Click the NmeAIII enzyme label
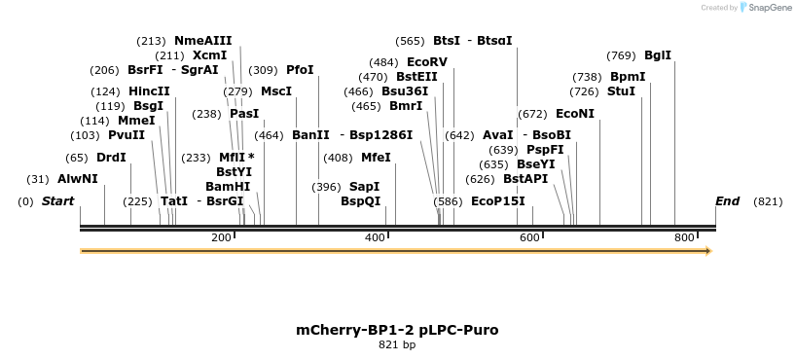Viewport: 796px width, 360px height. tap(202, 41)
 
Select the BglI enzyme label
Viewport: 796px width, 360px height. tap(658, 55)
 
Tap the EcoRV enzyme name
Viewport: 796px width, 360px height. tap(427, 62)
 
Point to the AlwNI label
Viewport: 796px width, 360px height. tap(78, 179)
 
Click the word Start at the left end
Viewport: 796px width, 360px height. tap(57, 201)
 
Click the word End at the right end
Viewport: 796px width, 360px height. tap(727, 201)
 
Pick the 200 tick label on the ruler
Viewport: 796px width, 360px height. tap(221, 238)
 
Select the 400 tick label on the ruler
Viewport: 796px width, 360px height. tap(375, 238)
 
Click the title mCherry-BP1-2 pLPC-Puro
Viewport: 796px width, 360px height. tap(397, 330)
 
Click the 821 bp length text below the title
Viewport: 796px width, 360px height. tap(397, 345)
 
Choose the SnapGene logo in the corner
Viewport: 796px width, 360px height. tap(764, 8)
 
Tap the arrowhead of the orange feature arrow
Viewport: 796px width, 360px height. tap(707, 251)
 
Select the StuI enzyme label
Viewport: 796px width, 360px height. tap(621, 91)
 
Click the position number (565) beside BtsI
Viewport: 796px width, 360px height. tap(410, 41)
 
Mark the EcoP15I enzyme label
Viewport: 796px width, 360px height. tap(497, 201)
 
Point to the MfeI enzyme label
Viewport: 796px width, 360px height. tap(376, 157)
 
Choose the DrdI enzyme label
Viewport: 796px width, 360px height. tap(111, 157)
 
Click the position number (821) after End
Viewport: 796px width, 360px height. tap(768, 201)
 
